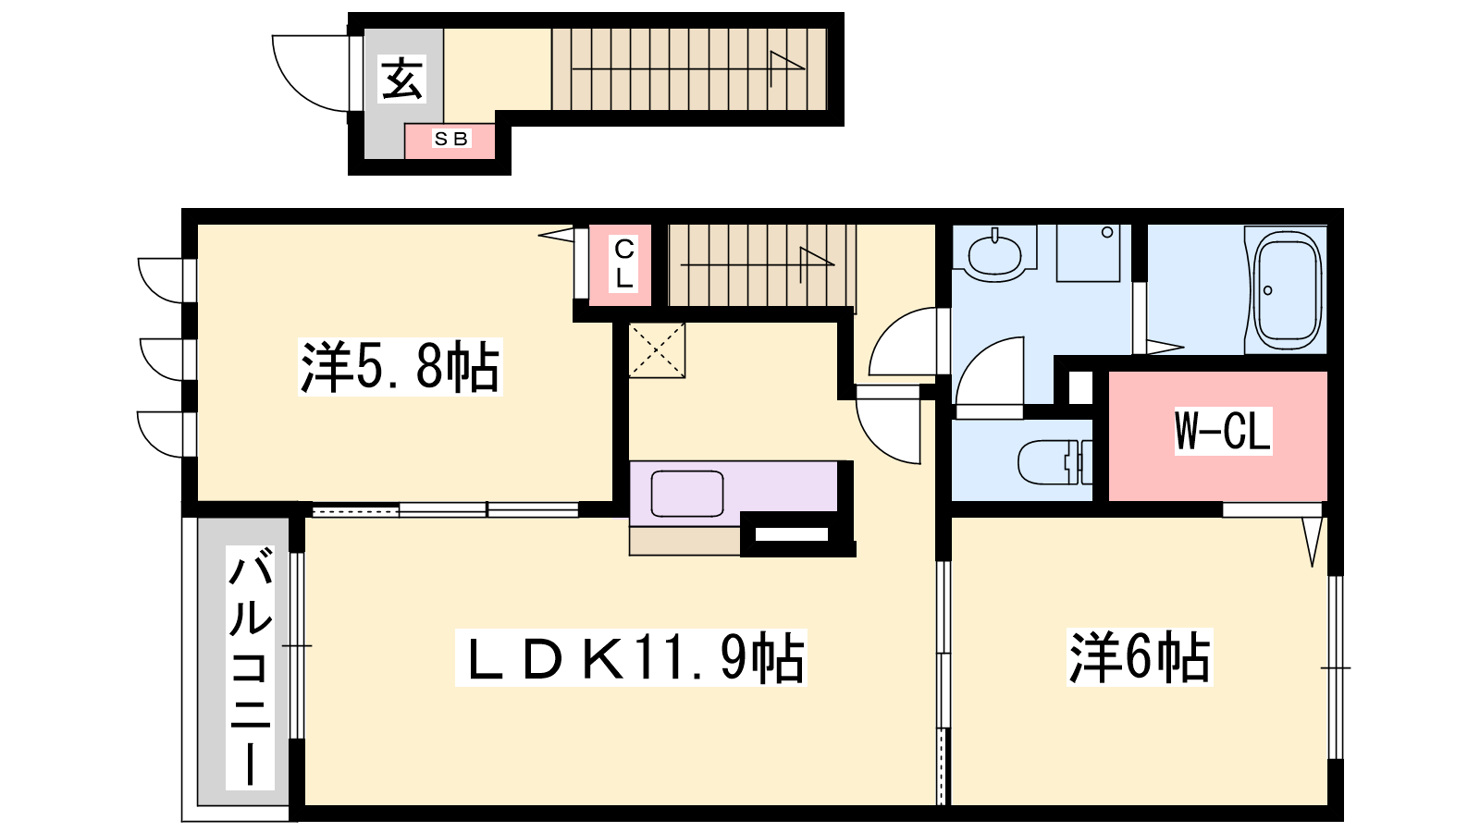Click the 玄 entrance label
[x=401, y=79]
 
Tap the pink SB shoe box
[x=450, y=141]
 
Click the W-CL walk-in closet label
[x=1223, y=431]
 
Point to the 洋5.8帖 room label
[x=400, y=367]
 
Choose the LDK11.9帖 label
[x=631, y=657]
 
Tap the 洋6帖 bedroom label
[x=1140, y=657]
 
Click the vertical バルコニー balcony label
[x=251, y=667]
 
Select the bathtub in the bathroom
[x=1287, y=290]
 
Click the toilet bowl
[x=1054, y=461]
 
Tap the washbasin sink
[x=994, y=255]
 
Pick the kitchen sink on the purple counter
[x=687, y=494]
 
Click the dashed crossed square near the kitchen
[x=657, y=350]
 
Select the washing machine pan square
[x=1088, y=253]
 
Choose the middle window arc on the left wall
[x=161, y=360]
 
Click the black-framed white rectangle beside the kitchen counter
[x=792, y=534]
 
